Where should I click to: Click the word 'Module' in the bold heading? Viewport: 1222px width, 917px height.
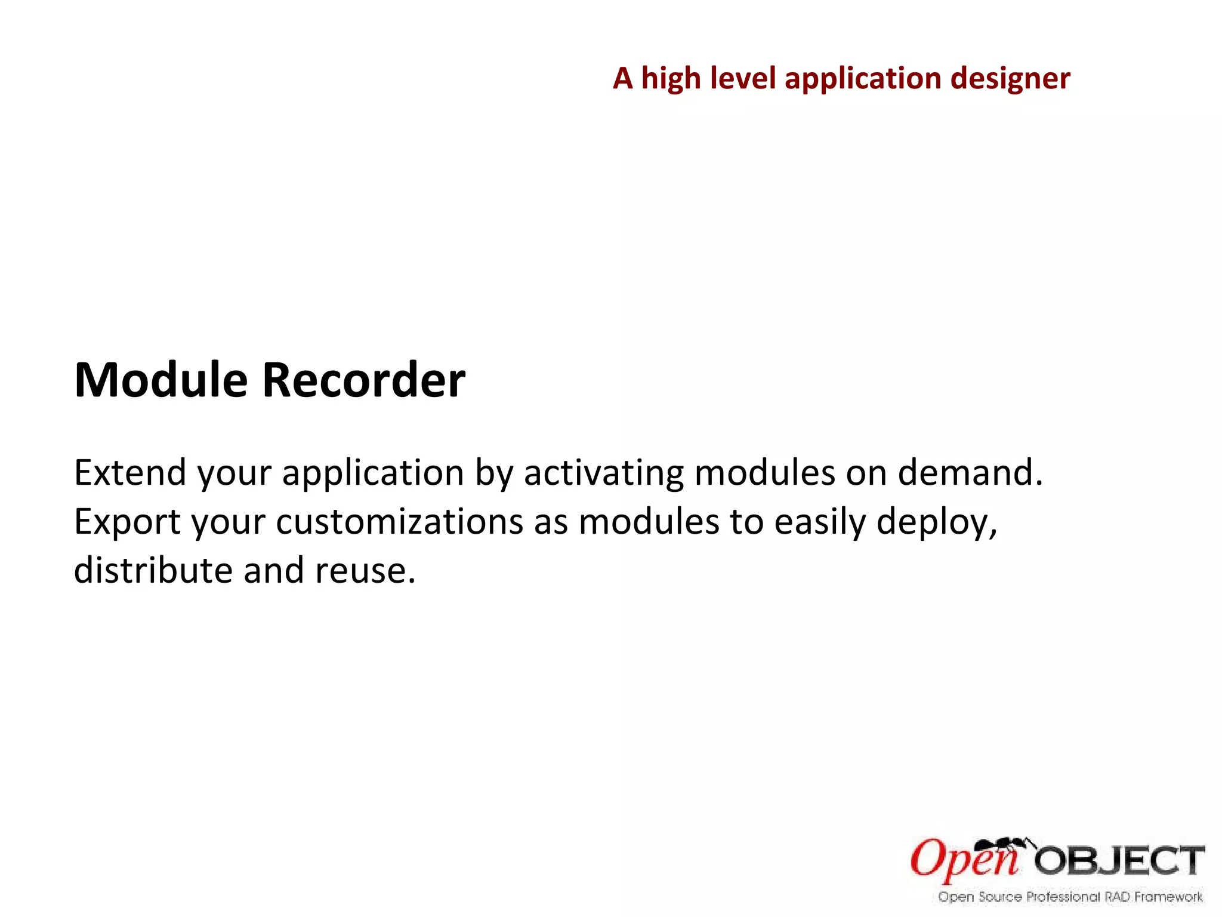tap(161, 380)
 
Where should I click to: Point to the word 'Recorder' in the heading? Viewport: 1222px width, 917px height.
tap(363, 380)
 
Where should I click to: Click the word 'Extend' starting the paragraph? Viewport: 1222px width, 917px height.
tap(130, 473)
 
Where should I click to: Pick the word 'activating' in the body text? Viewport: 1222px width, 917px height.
tap(603, 473)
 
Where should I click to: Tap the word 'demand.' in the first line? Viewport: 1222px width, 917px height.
tap(970, 473)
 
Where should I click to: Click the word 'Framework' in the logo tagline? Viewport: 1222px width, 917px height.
tap(1168, 897)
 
